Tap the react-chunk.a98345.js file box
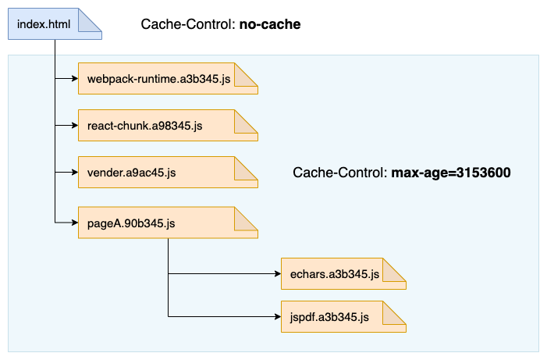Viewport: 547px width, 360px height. (148, 125)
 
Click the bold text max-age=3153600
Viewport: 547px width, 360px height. (451, 173)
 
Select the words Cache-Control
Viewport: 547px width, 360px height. (338, 173)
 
